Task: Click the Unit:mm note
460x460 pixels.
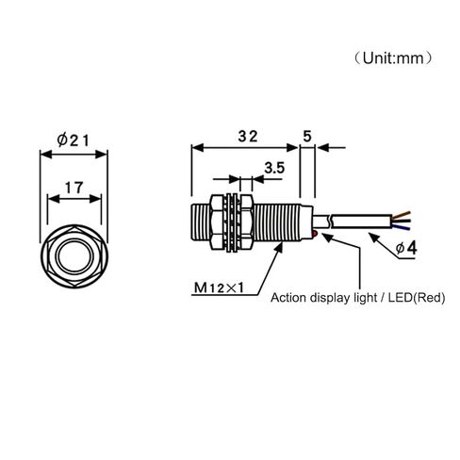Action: [393, 58]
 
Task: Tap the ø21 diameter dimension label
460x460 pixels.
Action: [74, 140]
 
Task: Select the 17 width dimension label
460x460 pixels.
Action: [74, 188]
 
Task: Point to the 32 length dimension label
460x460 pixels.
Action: [248, 137]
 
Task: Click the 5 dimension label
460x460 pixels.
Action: [307, 136]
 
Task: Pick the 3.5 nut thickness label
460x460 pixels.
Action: [274, 168]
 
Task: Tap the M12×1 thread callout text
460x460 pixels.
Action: [219, 287]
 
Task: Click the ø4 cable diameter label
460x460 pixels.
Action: [406, 248]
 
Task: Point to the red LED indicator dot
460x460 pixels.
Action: [315, 234]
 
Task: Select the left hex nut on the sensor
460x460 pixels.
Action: [218, 222]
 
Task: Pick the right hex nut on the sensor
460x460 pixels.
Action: [246, 222]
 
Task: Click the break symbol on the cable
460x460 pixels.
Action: [330, 222]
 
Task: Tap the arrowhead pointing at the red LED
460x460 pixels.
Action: [327, 238]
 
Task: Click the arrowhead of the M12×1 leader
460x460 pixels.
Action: [278, 249]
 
